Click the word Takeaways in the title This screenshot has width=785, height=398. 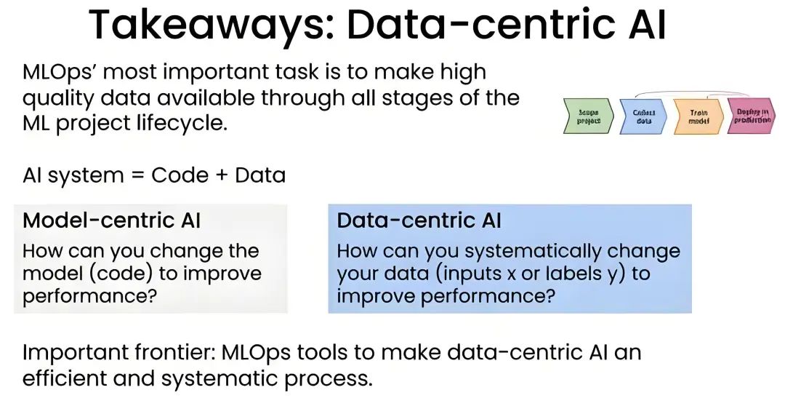point(208,26)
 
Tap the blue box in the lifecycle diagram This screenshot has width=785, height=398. point(643,117)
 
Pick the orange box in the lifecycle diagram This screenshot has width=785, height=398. point(698,117)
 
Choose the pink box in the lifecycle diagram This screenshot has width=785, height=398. point(751,117)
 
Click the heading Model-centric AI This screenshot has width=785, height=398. point(112,220)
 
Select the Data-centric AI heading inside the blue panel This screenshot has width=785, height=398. point(419,220)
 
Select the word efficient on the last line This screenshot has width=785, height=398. point(69,378)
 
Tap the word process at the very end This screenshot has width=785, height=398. point(331,378)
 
